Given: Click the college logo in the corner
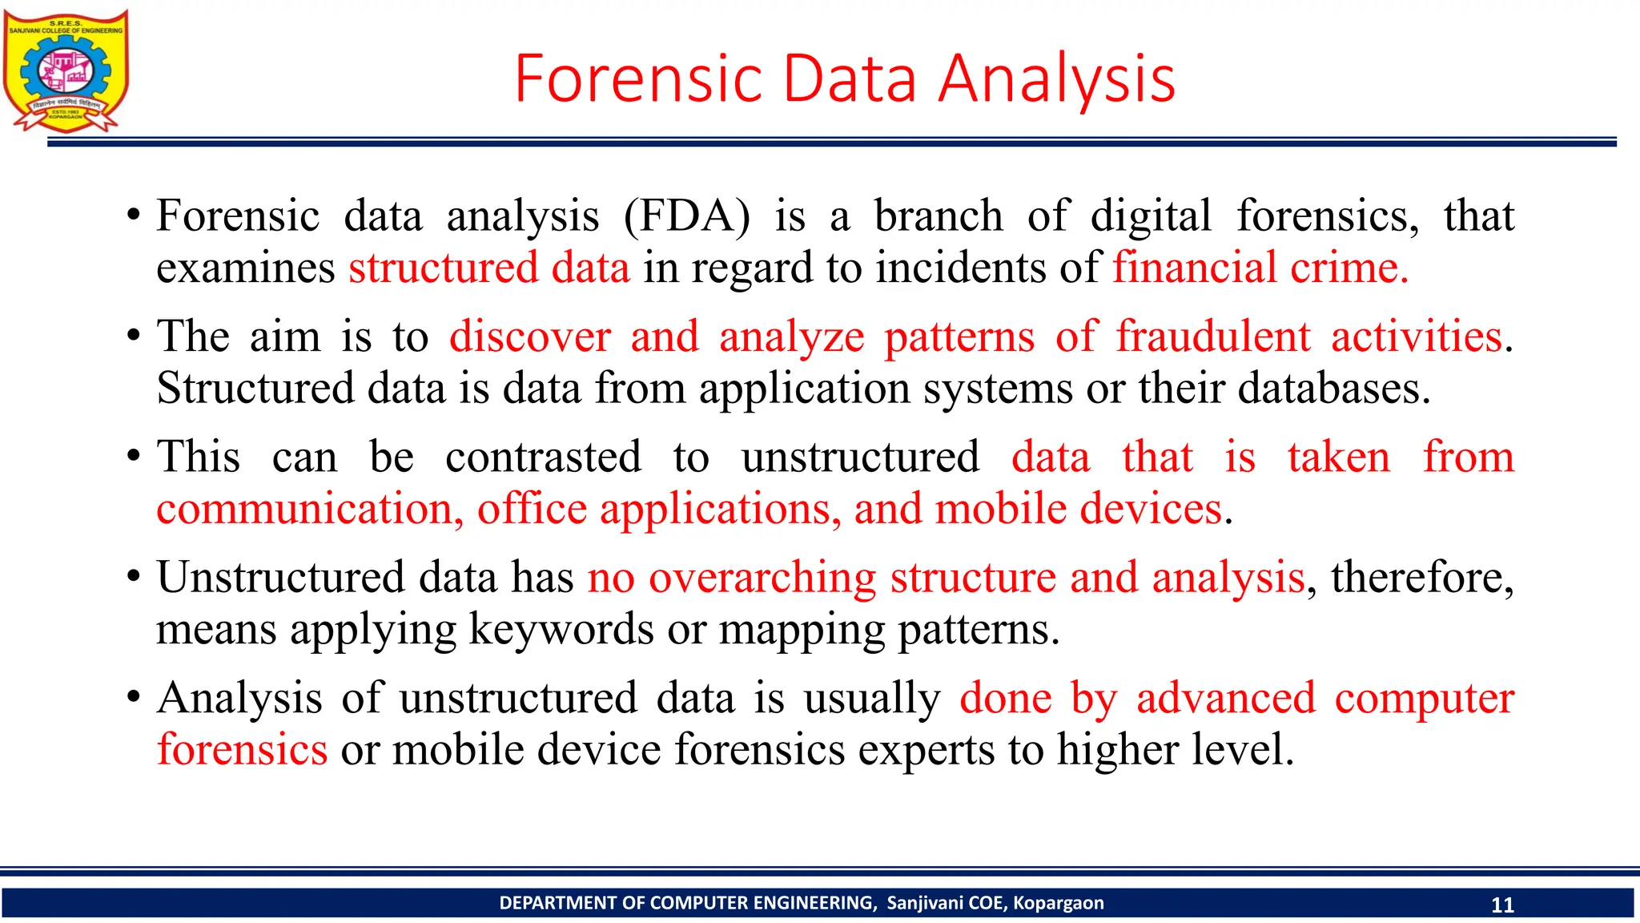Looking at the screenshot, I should [66, 71].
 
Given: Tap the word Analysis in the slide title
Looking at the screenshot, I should [1056, 79].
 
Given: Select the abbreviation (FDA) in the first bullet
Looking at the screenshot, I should [687, 216].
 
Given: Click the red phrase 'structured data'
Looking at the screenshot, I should [489, 268].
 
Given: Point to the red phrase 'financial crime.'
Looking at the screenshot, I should [1260, 268].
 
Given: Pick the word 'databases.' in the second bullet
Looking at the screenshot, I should [1334, 389].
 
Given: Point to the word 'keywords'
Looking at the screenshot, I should [561, 630].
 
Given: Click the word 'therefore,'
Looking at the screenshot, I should [1422, 578].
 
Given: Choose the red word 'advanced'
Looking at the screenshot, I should [1225, 698].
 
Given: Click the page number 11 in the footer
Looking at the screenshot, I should [1502, 905].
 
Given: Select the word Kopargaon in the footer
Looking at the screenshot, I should [1058, 903].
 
